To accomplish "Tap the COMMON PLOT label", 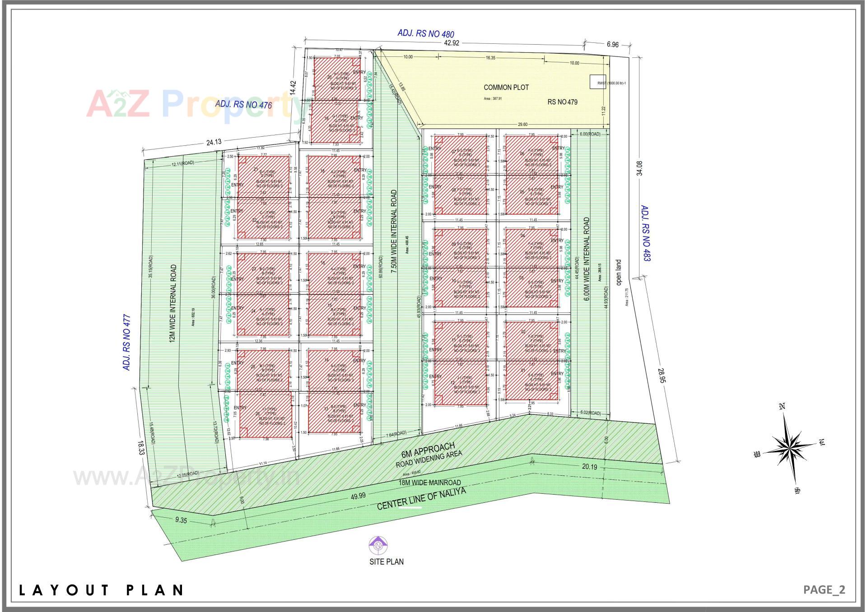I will pos(506,87).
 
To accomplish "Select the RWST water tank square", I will pos(598,82).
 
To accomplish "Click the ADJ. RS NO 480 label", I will pos(425,33).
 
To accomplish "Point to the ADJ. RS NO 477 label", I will pos(127,343).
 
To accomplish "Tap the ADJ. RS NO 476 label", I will pos(243,104).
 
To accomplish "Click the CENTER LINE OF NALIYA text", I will pos(421,499).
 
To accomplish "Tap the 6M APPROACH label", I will pos(428,450).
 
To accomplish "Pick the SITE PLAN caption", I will pos(386,561).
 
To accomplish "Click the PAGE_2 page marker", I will pos(824,589).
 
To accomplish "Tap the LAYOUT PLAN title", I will pos(101,590).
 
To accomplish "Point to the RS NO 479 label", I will pos(562,102).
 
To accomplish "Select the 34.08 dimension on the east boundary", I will pos(639,168).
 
